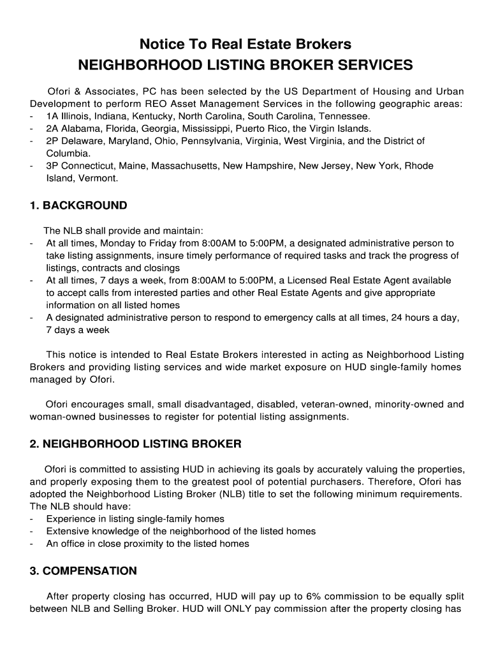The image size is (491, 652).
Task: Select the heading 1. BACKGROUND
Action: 78,206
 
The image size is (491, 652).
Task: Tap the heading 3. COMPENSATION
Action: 83,570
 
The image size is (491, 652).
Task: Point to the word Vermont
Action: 98,178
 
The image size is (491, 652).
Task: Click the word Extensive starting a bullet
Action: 70,531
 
